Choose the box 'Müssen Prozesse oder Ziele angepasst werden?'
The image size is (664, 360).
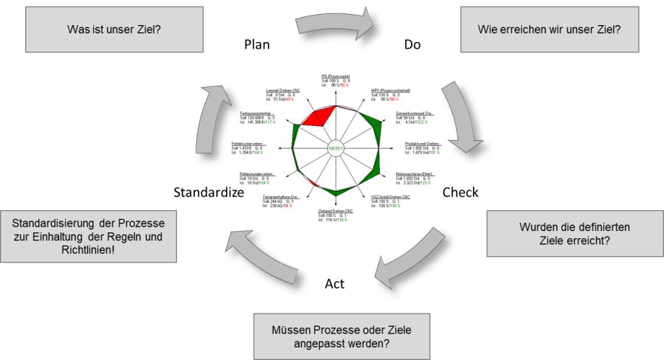(342, 335)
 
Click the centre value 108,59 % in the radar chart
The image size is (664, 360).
(335, 150)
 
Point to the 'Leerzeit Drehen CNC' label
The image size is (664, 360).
(283, 91)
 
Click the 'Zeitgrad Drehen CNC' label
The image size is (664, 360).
(335, 212)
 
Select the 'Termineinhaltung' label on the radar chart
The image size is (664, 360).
(280, 197)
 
